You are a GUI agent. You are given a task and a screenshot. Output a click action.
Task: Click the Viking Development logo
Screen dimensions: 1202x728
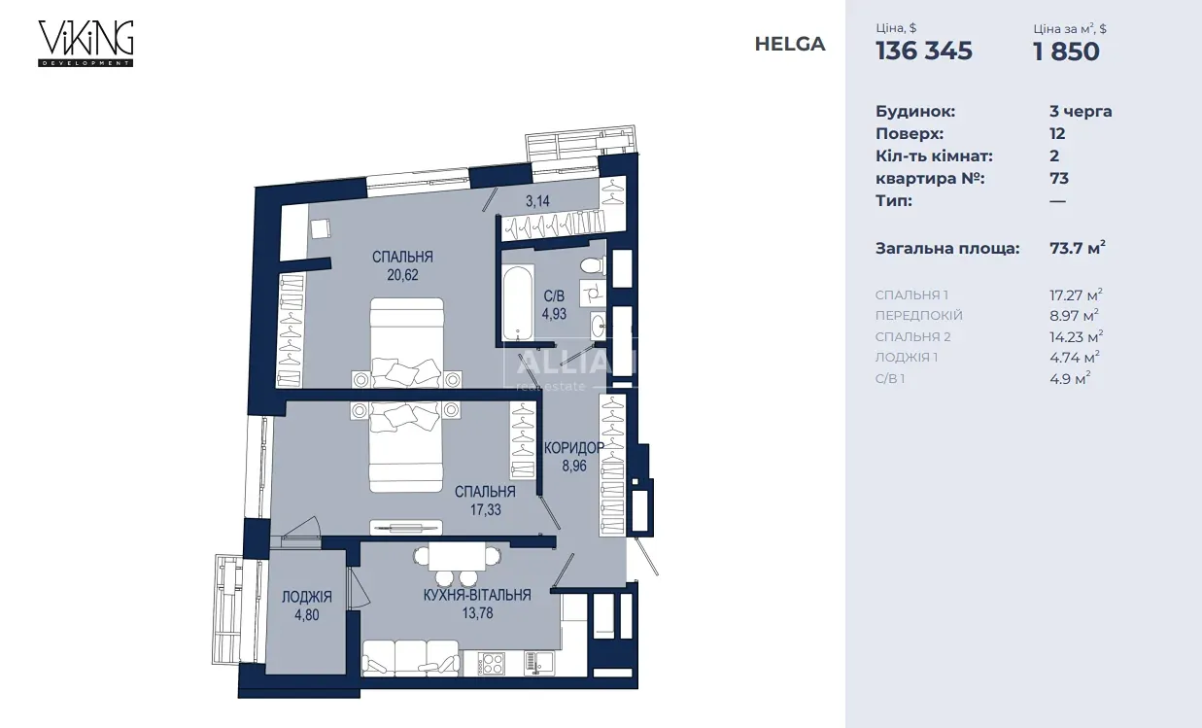(x=86, y=44)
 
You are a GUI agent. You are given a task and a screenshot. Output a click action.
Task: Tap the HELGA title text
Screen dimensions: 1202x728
(x=790, y=44)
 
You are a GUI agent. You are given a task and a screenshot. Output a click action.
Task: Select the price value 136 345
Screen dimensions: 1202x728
(x=923, y=51)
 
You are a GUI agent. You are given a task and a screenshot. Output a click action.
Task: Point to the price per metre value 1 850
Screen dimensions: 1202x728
(x=1066, y=52)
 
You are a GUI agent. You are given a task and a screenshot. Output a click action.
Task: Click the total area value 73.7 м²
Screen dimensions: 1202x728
(x=1077, y=248)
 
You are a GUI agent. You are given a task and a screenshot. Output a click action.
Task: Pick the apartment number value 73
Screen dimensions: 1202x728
(x=1059, y=178)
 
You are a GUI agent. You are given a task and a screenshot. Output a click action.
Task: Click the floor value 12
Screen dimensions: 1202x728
(x=1057, y=134)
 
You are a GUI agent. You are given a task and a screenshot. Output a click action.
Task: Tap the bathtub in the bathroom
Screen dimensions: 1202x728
(x=518, y=302)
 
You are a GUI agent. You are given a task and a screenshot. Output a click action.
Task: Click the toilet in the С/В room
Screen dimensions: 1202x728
(x=593, y=265)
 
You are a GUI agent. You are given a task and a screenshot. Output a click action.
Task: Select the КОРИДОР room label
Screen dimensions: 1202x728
(x=574, y=447)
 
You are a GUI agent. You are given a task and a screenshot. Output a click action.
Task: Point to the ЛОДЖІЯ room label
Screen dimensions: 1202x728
(x=307, y=597)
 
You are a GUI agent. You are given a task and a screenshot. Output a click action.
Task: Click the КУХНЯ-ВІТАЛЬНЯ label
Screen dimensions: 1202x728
(x=477, y=595)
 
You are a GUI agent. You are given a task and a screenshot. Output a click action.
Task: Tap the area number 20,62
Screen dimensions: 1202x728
(x=402, y=275)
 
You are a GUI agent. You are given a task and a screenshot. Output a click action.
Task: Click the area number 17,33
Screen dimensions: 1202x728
(x=486, y=509)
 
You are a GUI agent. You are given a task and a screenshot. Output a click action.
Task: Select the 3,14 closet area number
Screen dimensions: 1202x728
(x=537, y=201)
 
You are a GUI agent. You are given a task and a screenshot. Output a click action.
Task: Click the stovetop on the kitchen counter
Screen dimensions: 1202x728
(x=491, y=663)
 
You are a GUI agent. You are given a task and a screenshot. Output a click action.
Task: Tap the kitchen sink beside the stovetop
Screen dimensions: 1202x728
(x=538, y=663)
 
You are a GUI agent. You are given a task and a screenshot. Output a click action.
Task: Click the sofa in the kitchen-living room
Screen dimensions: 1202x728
(x=411, y=658)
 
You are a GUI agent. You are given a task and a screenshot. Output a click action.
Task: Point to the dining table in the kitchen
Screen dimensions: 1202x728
(x=457, y=556)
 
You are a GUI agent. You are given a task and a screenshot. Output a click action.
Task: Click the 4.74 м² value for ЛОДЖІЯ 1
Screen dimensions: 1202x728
(x=1075, y=358)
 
